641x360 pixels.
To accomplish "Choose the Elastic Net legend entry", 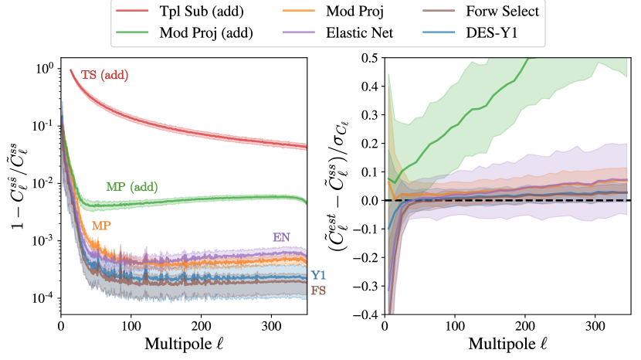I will (347, 33).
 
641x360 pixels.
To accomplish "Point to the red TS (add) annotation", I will (104, 75).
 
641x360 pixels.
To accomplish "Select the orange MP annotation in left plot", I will (100, 226).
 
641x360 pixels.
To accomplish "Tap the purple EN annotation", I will (283, 236).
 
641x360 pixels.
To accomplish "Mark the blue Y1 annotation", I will (317, 275).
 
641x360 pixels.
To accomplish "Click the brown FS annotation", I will (317, 290).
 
